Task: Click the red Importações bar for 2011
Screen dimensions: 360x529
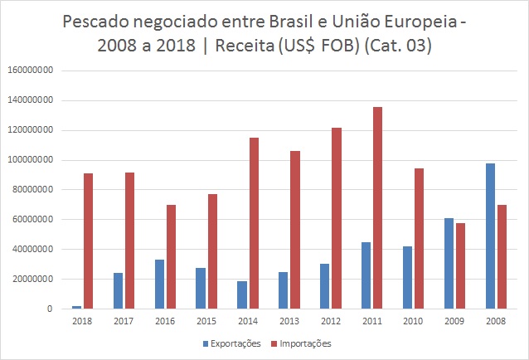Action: click(x=377, y=207)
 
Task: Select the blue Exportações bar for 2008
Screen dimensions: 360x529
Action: click(x=490, y=236)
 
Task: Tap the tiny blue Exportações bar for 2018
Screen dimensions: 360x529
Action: click(x=76, y=307)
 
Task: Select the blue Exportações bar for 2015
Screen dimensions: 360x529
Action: click(x=201, y=288)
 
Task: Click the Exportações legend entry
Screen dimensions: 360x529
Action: click(x=233, y=343)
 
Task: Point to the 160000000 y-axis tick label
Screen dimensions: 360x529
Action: click(x=31, y=71)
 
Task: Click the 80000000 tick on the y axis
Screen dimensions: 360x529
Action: click(x=33, y=190)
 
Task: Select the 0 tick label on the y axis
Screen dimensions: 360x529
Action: click(x=51, y=309)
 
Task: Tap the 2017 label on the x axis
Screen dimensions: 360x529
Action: click(x=124, y=321)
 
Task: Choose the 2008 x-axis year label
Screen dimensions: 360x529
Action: click(x=496, y=321)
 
